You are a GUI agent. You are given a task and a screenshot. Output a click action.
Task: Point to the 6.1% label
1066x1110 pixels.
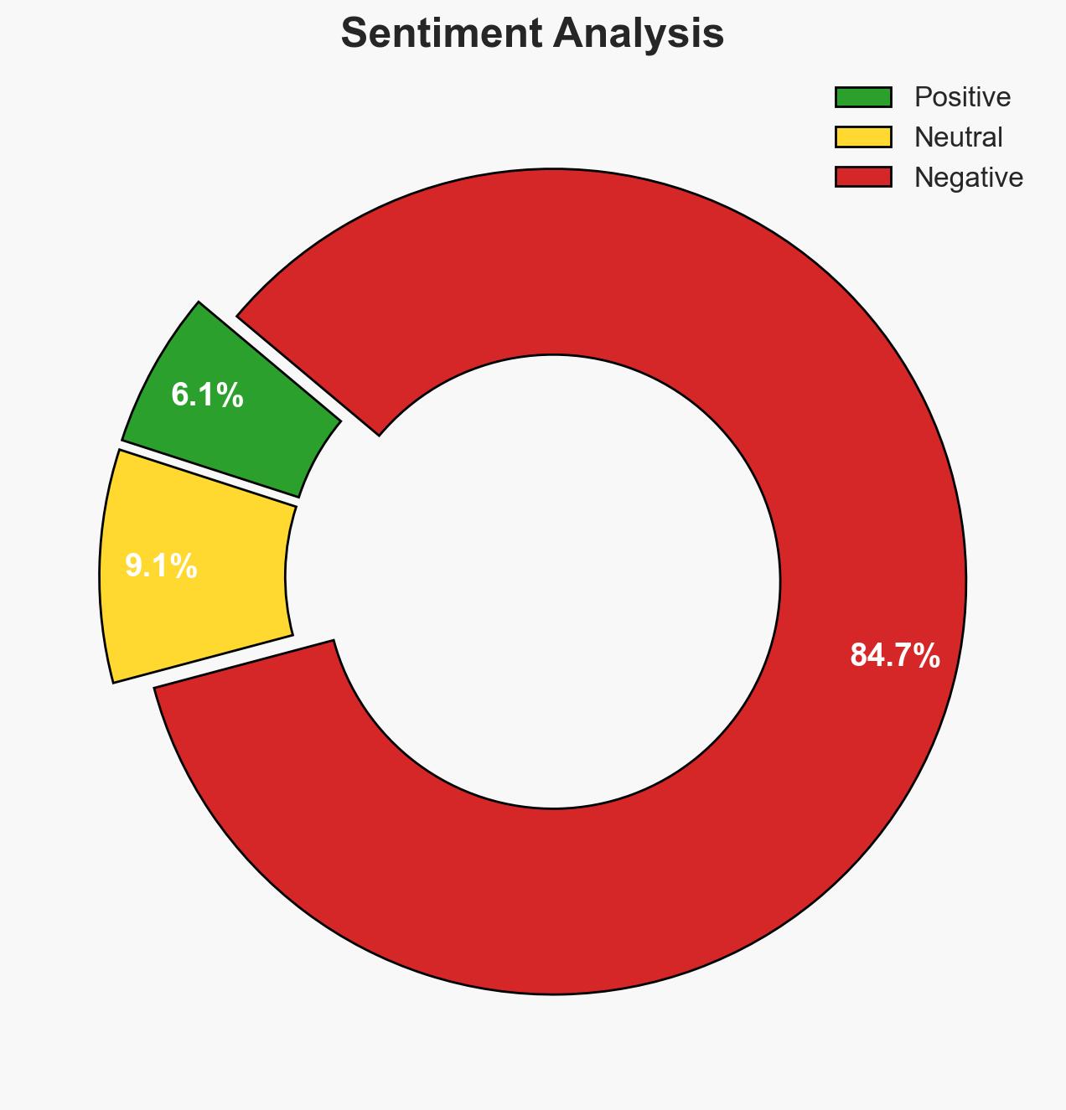[207, 395]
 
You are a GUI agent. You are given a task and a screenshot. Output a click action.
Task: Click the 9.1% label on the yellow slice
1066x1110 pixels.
[161, 566]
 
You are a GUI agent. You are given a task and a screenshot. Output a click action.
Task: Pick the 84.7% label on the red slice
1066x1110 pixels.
[894, 655]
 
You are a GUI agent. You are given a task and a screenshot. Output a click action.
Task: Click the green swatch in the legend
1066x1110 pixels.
[862, 97]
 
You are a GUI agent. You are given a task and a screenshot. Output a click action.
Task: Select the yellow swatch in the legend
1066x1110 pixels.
[862, 137]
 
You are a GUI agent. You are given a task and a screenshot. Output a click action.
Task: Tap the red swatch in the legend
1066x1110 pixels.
[862, 177]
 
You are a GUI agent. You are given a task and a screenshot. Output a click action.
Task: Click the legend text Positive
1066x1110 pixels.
[962, 97]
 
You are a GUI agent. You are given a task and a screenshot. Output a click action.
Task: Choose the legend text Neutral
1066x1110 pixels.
[958, 137]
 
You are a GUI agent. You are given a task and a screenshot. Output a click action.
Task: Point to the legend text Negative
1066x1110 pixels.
[968, 177]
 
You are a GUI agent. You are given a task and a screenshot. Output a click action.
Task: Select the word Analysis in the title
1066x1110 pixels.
[639, 34]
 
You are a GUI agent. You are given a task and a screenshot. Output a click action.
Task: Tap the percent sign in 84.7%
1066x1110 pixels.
[926, 655]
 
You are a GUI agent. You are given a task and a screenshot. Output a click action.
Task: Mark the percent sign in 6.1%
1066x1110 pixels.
[230, 395]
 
